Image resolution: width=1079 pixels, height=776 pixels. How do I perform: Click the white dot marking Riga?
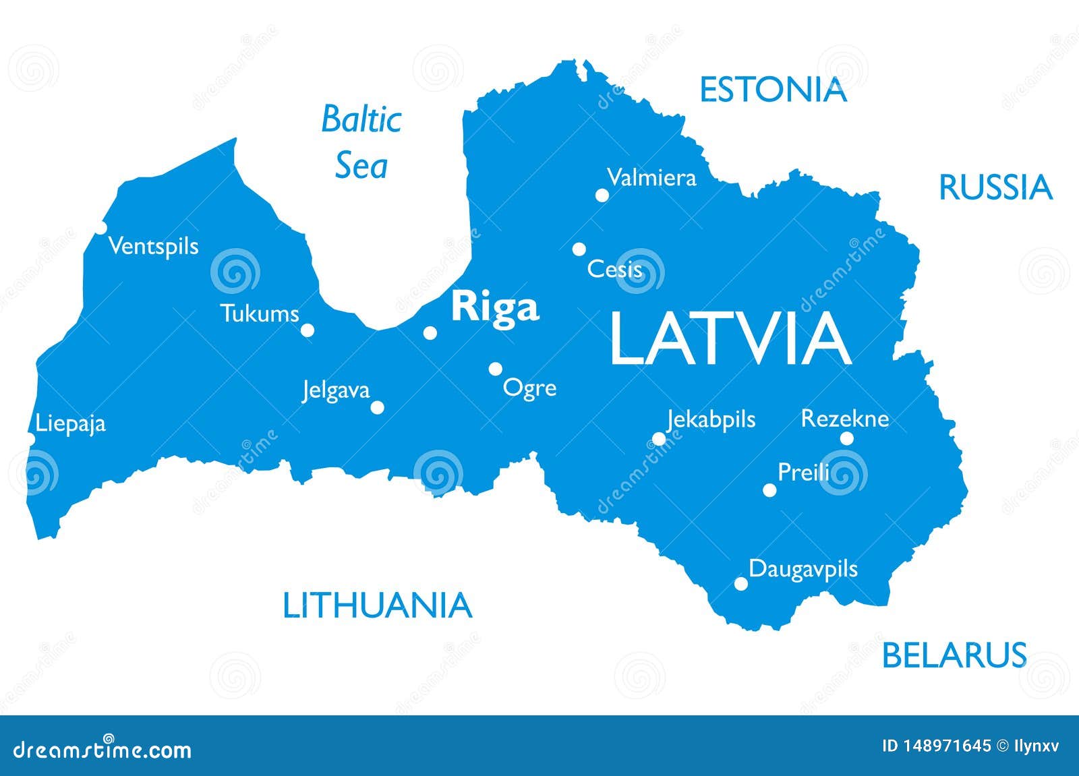tap(430, 332)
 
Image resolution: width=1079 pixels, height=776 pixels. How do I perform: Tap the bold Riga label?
tap(495, 308)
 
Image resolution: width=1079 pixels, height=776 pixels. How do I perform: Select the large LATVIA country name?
tap(730, 340)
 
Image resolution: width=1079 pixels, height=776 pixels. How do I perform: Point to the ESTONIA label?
tap(773, 90)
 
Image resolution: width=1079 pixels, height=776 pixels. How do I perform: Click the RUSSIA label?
tap(995, 187)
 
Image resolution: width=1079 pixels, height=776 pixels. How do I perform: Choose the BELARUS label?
tap(954, 655)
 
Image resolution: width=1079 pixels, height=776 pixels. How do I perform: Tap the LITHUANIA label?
tap(377, 605)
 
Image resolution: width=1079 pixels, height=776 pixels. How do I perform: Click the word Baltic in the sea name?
tap(361, 120)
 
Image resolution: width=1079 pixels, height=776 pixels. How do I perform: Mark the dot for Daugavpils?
tap(740, 584)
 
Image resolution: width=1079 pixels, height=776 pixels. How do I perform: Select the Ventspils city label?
tap(154, 246)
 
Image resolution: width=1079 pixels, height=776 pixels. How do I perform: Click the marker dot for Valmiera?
tap(602, 196)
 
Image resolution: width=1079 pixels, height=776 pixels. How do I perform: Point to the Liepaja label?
tap(71, 423)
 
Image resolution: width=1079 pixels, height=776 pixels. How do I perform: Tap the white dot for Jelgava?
tap(378, 407)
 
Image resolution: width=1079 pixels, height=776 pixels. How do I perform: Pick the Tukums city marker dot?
tap(308, 330)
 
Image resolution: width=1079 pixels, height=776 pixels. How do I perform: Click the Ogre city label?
tap(530, 388)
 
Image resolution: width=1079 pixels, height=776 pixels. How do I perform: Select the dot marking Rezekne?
tap(847, 439)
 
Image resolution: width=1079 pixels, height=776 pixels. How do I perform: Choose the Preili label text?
tap(803, 471)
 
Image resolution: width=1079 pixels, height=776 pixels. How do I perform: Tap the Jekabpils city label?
tap(711, 419)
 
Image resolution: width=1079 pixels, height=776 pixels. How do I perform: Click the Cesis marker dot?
tap(579, 249)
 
